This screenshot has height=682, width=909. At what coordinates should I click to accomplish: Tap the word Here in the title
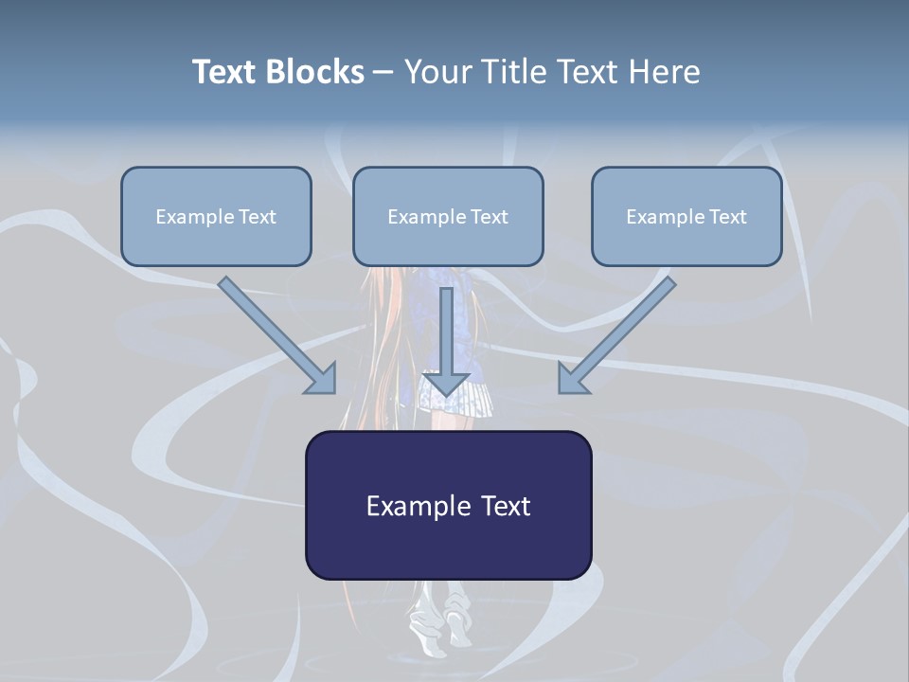[665, 72]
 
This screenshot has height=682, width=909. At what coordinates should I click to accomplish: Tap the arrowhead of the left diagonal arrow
[323, 379]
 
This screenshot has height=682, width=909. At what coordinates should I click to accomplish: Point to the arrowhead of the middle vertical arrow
[445, 383]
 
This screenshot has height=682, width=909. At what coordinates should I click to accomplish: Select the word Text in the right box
[727, 217]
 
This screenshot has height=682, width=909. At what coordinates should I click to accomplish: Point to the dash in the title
[383, 72]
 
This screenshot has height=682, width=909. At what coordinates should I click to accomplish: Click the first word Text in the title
[225, 72]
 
